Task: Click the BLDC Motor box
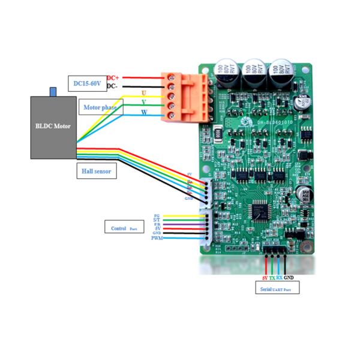[x=53, y=127]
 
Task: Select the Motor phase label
[x=100, y=108]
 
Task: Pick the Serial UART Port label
[x=278, y=289]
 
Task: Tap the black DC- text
[x=112, y=86]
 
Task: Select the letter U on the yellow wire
[x=143, y=93]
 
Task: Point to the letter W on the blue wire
[x=143, y=112]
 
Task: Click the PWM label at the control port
[x=157, y=238]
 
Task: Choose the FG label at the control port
[x=157, y=215]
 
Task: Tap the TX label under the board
[x=272, y=278]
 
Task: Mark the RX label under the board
[x=280, y=278]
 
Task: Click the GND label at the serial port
[x=289, y=278]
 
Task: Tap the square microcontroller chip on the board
[x=262, y=209]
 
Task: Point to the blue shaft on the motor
[x=53, y=92]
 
